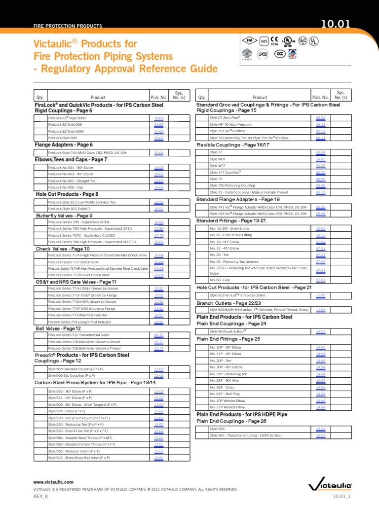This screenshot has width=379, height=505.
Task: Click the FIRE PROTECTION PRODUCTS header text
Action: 68,26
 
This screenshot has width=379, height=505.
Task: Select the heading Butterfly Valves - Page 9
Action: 64,216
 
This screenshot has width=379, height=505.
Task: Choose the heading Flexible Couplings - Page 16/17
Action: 233,145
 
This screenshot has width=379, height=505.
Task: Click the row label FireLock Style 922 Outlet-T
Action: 72,209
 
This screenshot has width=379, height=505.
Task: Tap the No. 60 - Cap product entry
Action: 220,280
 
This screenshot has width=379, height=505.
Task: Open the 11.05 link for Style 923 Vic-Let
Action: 320,294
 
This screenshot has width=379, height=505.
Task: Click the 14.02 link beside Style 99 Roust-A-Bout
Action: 320,331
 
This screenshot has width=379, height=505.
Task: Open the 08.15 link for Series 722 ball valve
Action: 158,334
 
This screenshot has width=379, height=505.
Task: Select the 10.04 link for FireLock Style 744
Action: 158,153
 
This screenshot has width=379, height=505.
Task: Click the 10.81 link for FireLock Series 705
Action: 158,222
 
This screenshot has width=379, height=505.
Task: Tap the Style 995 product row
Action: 217,429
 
